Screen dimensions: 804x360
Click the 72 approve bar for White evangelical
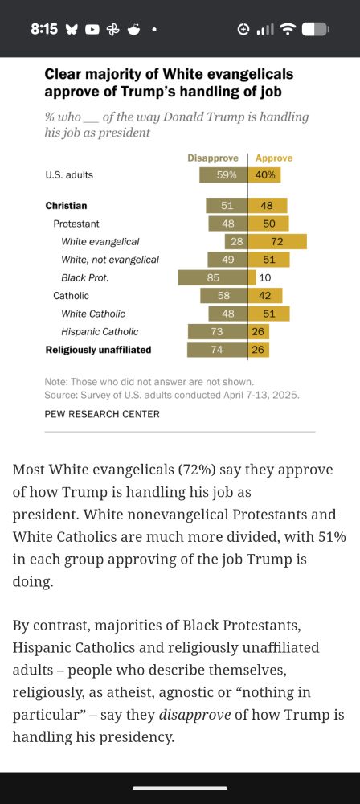[x=277, y=241]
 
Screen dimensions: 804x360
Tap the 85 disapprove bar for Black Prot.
[x=213, y=277]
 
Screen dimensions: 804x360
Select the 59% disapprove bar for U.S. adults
[x=223, y=174]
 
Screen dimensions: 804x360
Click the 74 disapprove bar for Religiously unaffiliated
[x=217, y=350]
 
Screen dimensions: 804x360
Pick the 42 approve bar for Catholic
[x=264, y=296]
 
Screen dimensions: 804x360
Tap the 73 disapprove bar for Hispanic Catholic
[x=218, y=331]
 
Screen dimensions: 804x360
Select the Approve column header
[x=273, y=158]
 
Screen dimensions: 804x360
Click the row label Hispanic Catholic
[x=100, y=331]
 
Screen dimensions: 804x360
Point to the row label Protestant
[x=78, y=224]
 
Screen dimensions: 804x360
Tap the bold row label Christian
[x=66, y=206]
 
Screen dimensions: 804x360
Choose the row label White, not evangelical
[x=110, y=260]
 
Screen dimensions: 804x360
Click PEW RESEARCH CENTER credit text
[x=102, y=414]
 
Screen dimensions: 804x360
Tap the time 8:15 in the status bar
[x=44, y=29]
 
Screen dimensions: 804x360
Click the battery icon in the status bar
[x=316, y=29]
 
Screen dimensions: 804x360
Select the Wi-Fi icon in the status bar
[x=287, y=29]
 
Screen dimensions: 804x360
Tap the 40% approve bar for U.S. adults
[x=264, y=174]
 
